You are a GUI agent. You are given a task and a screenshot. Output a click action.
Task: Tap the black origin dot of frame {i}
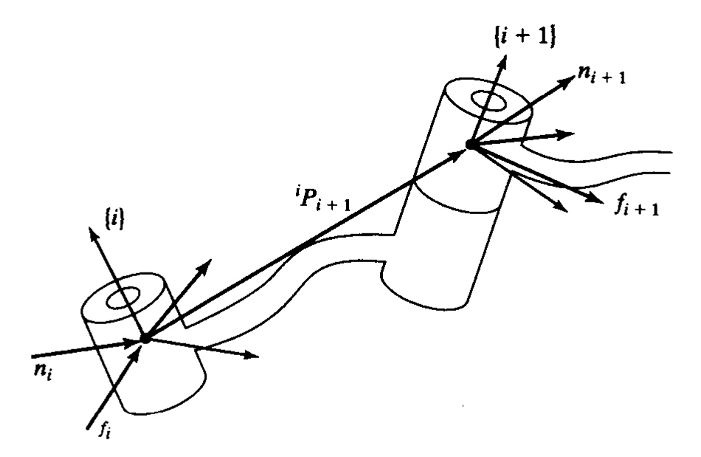click(145, 338)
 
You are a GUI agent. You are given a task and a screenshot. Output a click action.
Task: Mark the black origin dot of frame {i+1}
click(468, 145)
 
